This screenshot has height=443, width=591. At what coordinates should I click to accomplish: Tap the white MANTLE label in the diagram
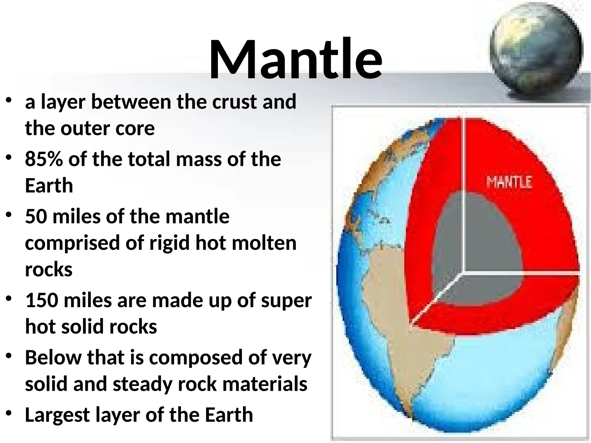coord(509,182)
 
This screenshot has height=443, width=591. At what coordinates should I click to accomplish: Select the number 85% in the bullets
coord(43,159)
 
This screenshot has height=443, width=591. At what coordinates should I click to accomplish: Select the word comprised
coord(72,243)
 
